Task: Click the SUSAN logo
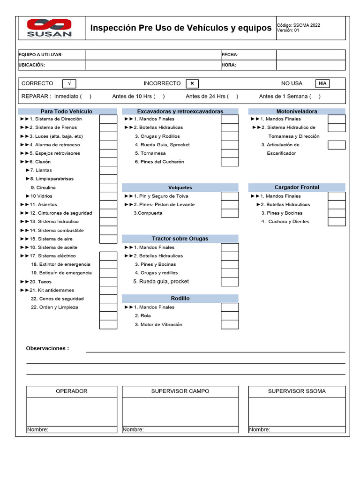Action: click(x=49, y=28)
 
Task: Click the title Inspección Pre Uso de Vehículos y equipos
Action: click(x=180, y=28)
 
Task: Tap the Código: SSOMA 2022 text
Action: click(x=299, y=25)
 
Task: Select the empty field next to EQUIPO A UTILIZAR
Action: click(x=153, y=55)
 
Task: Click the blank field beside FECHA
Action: click(x=310, y=55)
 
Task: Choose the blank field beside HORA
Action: click(x=310, y=65)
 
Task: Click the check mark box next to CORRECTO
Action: click(x=69, y=83)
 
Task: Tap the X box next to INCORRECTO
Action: click(x=192, y=83)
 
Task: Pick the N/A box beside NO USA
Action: click(x=322, y=83)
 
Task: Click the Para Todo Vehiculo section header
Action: click(x=67, y=112)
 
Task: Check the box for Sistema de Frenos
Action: click(x=108, y=127)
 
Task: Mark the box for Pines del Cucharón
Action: click(x=230, y=162)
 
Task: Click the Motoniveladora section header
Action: click(x=297, y=112)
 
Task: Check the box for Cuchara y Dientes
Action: click(x=337, y=222)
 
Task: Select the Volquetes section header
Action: click(x=180, y=187)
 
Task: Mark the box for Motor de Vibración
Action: click(x=230, y=324)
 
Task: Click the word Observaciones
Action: click(x=47, y=348)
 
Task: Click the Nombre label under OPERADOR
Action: click(x=37, y=430)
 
